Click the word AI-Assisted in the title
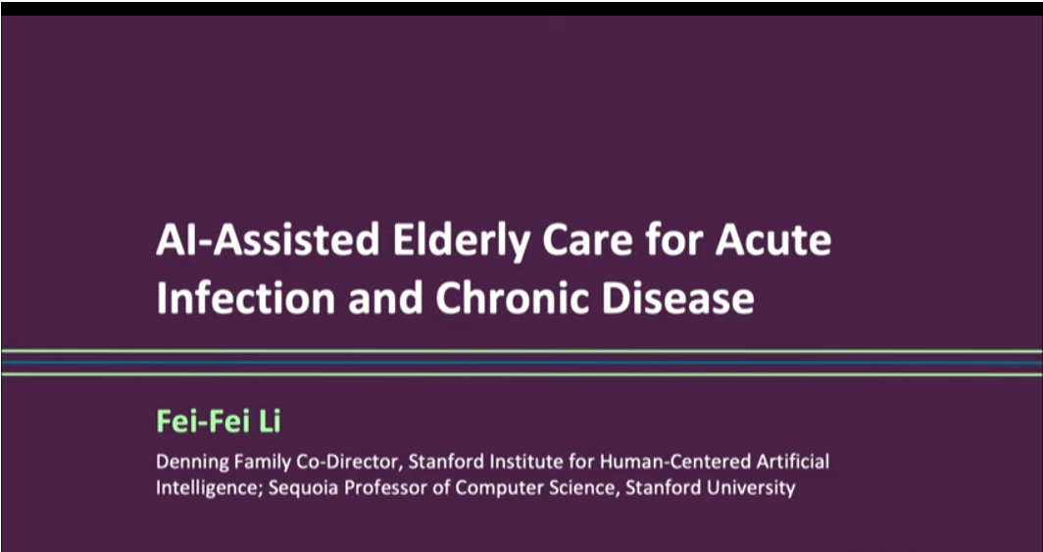[268, 240]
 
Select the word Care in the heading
[587, 241]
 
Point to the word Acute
[772, 241]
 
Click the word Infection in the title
[245, 298]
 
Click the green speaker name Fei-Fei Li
[219, 422]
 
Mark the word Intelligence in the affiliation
[210, 488]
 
